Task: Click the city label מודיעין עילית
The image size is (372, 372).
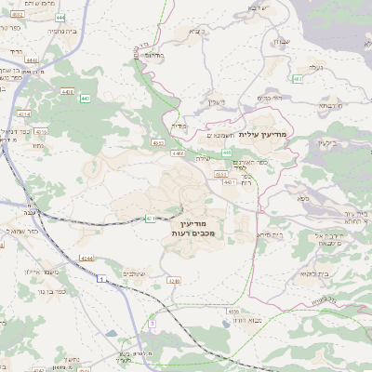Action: (x=264, y=136)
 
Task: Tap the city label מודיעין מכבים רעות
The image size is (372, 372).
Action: (x=193, y=228)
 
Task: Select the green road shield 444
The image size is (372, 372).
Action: (x=60, y=18)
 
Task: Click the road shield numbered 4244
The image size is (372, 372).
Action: (x=86, y=258)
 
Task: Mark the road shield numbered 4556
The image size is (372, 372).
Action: (x=232, y=312)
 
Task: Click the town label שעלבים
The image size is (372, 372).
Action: (x=135, y=273)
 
